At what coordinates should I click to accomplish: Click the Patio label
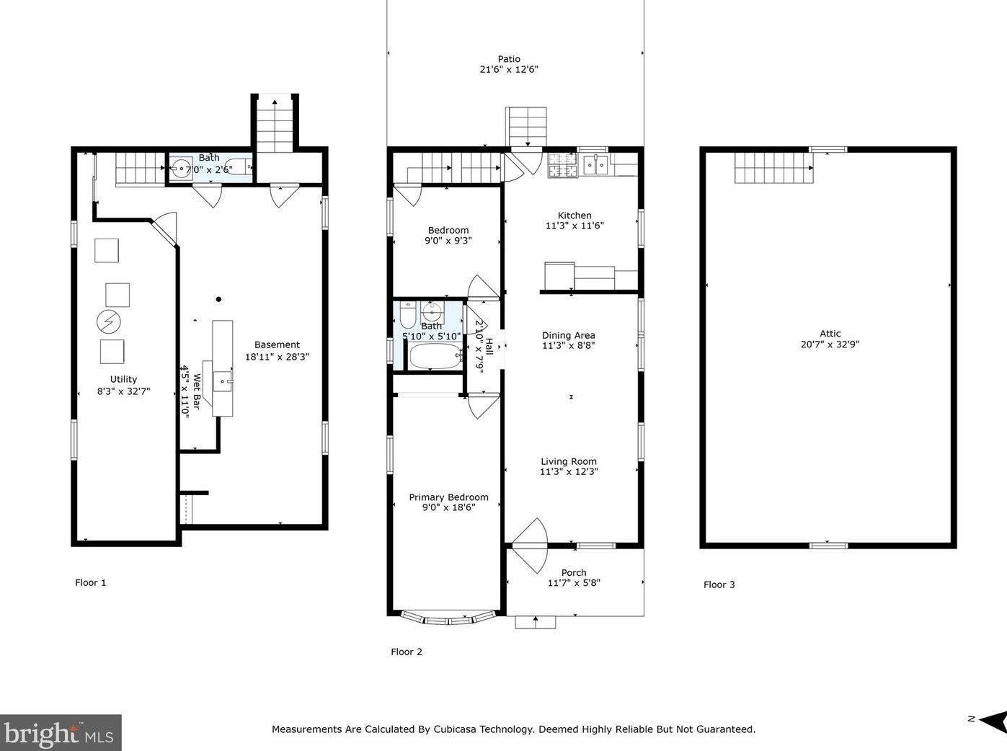(509, 58)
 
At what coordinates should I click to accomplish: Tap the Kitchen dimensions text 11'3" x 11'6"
(575, 226)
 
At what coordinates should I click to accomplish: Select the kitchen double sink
(595, 165)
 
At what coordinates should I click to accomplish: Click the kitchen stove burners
(562, 166)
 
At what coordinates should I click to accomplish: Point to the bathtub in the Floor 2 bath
(435, 356)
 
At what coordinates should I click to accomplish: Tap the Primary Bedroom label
(448, 497)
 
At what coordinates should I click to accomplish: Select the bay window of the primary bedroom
(448, 618)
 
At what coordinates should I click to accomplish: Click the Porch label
(574, 573)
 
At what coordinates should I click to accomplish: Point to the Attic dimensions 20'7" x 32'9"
(830, 345)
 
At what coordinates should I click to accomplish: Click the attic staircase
(773, 168)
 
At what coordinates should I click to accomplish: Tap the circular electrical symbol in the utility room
(109, 322)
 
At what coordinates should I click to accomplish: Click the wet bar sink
(223, 381)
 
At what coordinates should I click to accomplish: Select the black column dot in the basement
(219, 299)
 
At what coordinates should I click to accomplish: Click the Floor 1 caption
(90, 583)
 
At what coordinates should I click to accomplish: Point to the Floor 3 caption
(719, 585)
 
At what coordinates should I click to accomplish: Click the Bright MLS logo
(61, 733)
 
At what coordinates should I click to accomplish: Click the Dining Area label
(569, 335)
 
